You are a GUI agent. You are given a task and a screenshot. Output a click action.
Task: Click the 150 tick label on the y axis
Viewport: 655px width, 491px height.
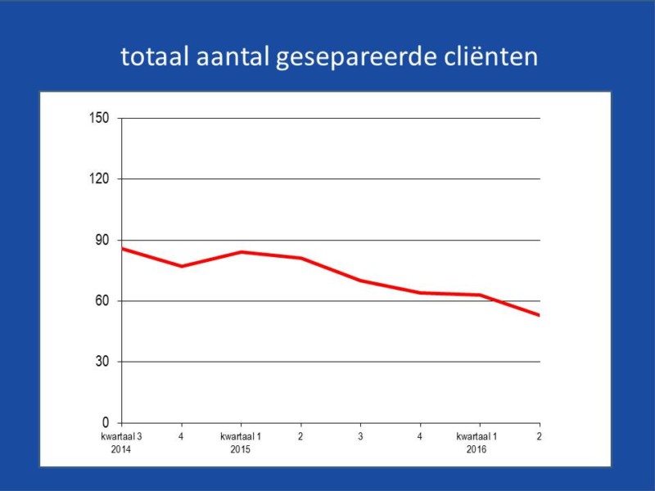[x=99, y=118]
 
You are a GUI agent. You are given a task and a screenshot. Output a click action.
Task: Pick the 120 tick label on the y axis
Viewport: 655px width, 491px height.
[x=99, y=178]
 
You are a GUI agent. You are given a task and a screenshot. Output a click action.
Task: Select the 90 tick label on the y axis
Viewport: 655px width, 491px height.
[x=102, y=240]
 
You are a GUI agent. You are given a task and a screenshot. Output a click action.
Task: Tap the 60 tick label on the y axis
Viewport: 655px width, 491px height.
[x=102, y=300]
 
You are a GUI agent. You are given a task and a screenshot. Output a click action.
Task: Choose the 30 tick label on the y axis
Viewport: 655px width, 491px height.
[x=102, y=362]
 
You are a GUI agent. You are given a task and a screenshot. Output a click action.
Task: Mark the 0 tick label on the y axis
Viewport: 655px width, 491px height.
[x=105, y=422]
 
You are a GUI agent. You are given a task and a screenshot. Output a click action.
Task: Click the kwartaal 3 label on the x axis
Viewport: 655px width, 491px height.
[x=121, y=437]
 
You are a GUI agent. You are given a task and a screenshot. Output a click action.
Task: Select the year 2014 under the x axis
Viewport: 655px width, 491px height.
[x=121, y=449]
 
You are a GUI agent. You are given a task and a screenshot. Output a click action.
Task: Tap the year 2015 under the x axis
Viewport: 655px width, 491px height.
[x=241, y=449]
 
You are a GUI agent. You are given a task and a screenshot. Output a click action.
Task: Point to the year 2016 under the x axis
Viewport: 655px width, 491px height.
[x=477, y=449]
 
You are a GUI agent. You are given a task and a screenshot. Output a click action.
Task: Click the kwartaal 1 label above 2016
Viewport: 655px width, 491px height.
[x=477, y=437]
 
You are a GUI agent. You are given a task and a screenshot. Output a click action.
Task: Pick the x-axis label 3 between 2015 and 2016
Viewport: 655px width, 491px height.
[x=360, y=437]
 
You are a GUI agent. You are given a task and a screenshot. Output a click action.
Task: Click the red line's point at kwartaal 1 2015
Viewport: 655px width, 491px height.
[x=241, y=252]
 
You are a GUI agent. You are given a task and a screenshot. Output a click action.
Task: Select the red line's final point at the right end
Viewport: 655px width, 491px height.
[x=538, y=314]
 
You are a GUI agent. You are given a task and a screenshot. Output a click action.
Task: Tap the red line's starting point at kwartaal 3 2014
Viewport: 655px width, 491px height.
[x=123, y=248]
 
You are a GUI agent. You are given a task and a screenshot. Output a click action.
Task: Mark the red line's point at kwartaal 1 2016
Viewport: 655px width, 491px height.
[x=480, y=295]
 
